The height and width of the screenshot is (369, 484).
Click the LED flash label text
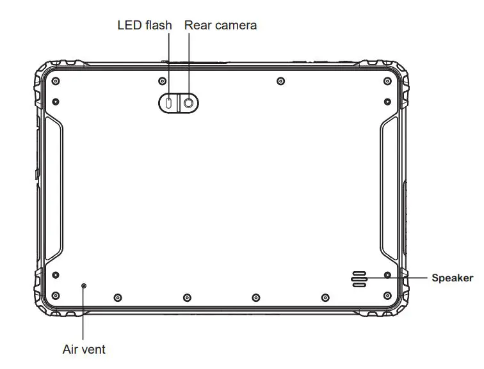coord(144,26)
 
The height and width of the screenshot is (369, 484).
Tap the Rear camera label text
coord(220,26)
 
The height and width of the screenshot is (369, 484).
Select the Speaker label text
coord(452,278)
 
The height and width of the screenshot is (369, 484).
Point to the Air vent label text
coord(84,350)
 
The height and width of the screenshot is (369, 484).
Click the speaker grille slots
coord(359,278)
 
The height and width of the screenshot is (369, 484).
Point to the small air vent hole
coord(84,285)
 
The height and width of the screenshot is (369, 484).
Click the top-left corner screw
coord(55,81)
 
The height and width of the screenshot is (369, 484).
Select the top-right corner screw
coord(387,81)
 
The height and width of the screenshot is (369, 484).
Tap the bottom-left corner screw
coord(55,295)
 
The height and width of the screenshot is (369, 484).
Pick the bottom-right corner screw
coord(387,295)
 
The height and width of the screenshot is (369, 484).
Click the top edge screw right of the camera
coord(280,81)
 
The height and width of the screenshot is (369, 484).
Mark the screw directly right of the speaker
coord(387,275)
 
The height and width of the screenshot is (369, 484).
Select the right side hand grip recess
coord(391,189)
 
